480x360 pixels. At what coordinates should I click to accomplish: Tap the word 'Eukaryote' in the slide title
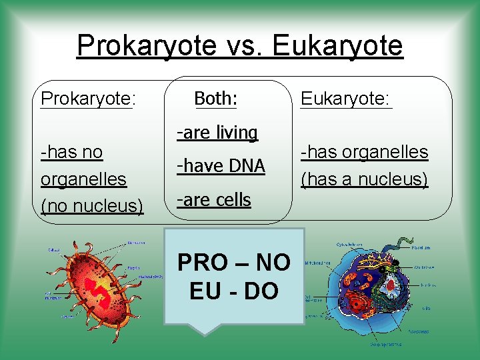point(338,45)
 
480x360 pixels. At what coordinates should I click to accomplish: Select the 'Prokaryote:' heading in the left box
point(88,99)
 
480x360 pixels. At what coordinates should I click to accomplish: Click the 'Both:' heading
point(215,99)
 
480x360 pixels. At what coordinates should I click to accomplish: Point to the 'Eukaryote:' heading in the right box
point(346,99)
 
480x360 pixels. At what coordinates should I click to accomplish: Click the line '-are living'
point(217,133)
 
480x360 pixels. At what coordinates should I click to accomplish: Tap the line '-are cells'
point(213,199)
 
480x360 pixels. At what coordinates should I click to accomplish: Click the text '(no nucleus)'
point(92,206)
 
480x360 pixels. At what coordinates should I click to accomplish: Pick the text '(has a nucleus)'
point(364,179)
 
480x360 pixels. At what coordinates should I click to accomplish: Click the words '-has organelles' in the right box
point(364,152)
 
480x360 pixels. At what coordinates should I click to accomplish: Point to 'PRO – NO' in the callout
point(233,263)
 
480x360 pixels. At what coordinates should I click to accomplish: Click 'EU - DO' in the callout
point(233,291)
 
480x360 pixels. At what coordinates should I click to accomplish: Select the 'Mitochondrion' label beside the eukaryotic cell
point(319,263)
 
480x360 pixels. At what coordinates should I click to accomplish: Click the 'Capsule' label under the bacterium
point(69,317)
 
